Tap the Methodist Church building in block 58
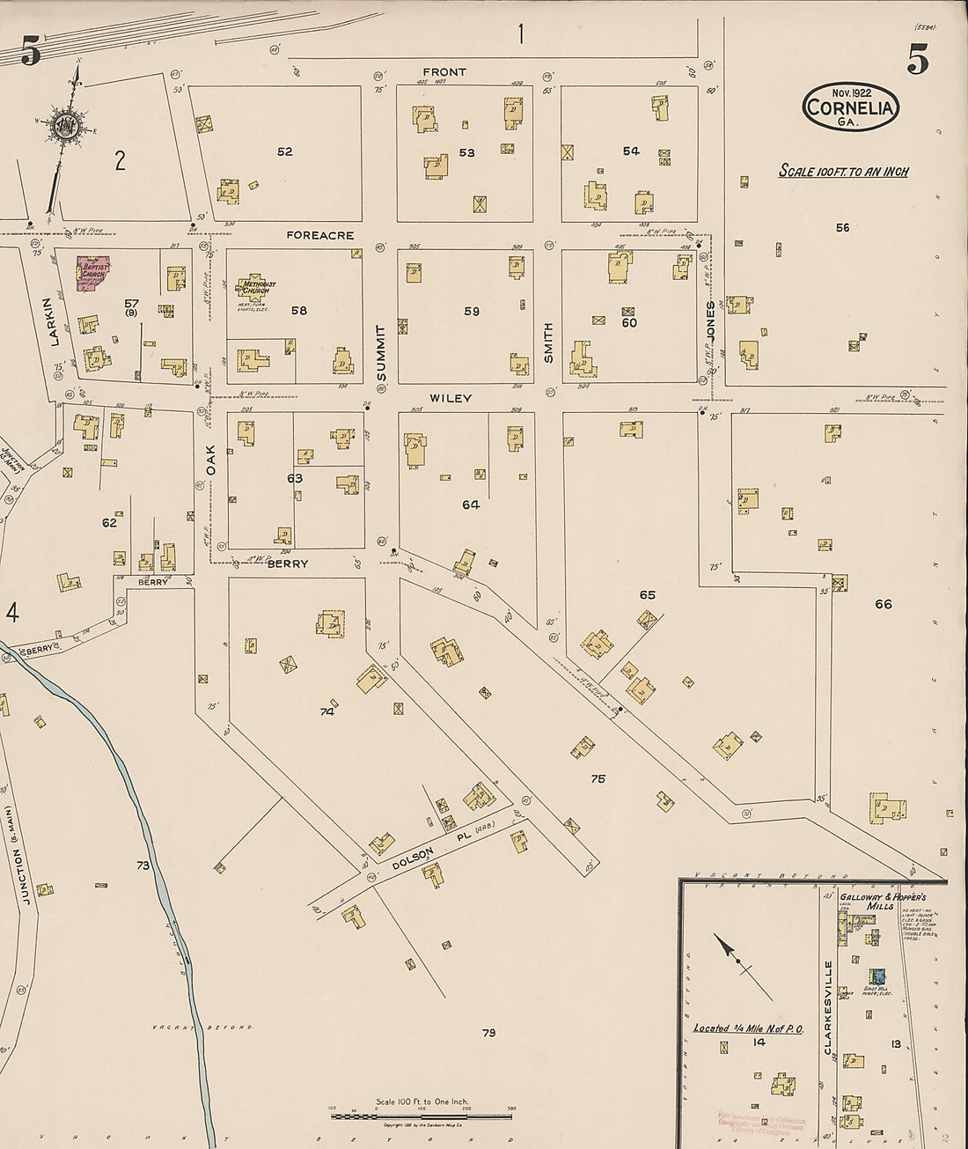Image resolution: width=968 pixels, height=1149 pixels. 260,288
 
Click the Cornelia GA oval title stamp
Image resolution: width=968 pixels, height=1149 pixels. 850,108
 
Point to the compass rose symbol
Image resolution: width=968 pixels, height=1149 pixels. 65,127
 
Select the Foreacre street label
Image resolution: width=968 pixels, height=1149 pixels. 319,236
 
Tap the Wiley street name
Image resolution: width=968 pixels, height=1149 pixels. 451,398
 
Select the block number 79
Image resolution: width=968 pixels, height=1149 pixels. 489,1033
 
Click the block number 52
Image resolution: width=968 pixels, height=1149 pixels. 284,151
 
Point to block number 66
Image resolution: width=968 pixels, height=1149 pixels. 883,604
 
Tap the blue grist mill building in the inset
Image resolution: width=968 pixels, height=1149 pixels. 876,976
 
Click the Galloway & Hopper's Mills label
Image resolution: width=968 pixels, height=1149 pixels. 880,901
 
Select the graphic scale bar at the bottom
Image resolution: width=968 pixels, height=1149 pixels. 422,1116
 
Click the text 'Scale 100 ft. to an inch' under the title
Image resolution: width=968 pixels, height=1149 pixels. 843,172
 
